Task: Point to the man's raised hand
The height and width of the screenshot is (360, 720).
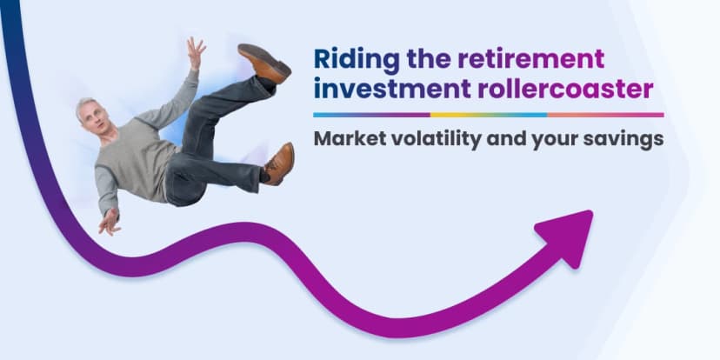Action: (194, 53)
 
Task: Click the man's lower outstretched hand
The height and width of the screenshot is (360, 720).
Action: (109, 221)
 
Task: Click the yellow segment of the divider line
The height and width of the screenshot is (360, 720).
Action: (488, 114)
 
